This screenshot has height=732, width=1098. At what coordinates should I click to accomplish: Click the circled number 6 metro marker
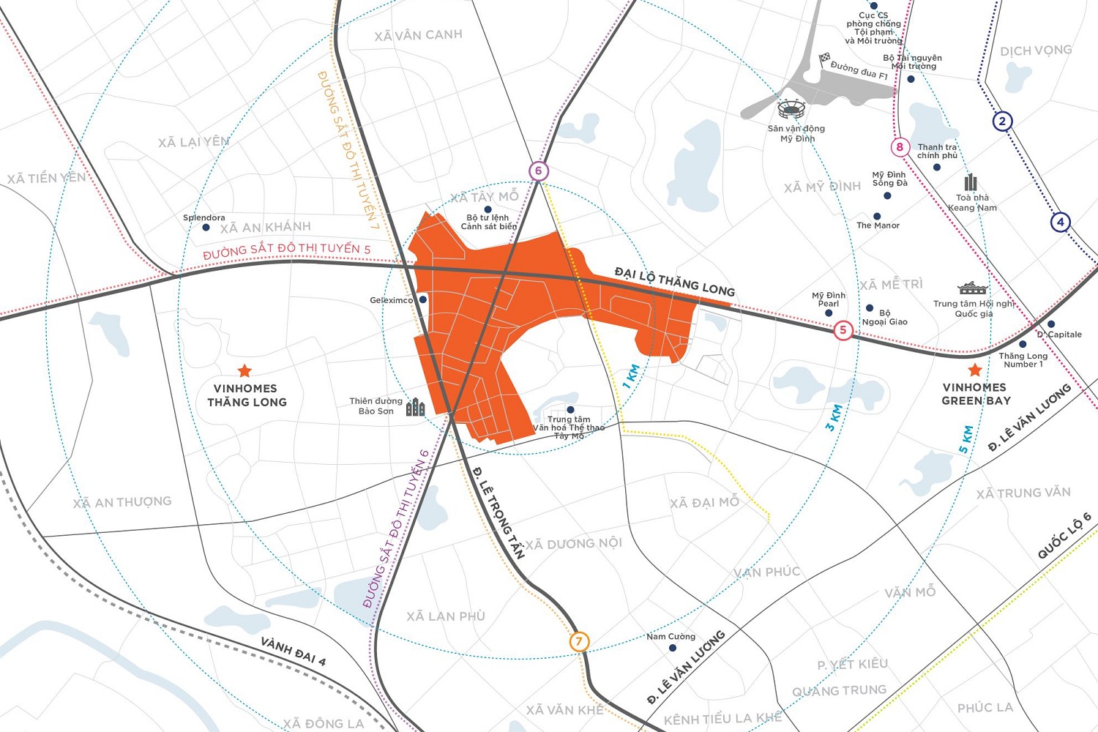[538, 171]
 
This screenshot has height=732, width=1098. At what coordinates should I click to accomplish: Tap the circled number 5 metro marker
[843, 330]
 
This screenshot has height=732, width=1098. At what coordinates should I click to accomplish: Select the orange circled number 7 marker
[579, 642]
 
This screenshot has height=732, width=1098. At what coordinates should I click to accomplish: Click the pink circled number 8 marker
[900, 147]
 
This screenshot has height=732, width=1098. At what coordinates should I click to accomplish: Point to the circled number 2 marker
[1002, 122]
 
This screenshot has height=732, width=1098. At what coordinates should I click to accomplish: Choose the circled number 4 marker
[1060, 222]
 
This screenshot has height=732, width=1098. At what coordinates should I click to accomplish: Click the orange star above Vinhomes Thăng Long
[244, 371]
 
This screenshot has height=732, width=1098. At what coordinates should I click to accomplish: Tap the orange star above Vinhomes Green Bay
[974, 370]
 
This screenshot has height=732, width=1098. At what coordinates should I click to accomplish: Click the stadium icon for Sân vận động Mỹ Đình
[791, 111]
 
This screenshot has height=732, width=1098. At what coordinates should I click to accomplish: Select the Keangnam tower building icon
[971, 182]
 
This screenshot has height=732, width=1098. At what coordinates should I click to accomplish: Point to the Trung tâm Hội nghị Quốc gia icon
[972, 288]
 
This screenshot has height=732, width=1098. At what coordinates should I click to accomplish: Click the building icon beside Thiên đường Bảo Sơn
[415, 407]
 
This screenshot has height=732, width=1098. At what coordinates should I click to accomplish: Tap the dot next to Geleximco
[422, 299]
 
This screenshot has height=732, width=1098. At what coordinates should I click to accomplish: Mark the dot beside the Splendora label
[206, 228]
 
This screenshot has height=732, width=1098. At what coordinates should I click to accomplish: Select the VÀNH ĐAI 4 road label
[294, 651]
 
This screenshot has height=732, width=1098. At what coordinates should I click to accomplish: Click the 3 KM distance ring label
[834, 417]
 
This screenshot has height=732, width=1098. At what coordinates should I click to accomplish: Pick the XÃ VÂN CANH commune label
[418, 35]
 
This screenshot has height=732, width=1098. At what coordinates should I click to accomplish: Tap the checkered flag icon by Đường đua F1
[824, 58]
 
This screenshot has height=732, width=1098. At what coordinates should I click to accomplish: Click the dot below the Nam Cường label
[672, 648]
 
